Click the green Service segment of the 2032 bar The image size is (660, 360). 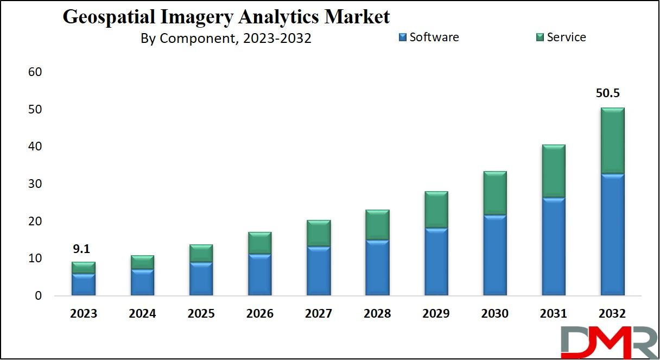612,141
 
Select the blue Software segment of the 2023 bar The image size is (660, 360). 84,285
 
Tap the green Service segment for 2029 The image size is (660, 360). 436,209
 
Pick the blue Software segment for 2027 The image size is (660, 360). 319,271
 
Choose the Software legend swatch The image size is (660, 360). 403,37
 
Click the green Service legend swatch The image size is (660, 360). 540,37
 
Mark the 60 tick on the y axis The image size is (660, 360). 35,72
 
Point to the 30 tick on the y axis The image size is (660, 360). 35,184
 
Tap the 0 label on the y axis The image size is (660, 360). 38,296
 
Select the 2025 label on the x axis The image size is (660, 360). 201,314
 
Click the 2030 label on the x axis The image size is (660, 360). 495,314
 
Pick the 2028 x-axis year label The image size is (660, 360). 377,314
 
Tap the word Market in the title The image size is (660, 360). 357,17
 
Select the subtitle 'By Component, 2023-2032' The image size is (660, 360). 226,39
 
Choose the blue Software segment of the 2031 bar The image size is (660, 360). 554,247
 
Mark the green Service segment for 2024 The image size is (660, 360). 142,262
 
